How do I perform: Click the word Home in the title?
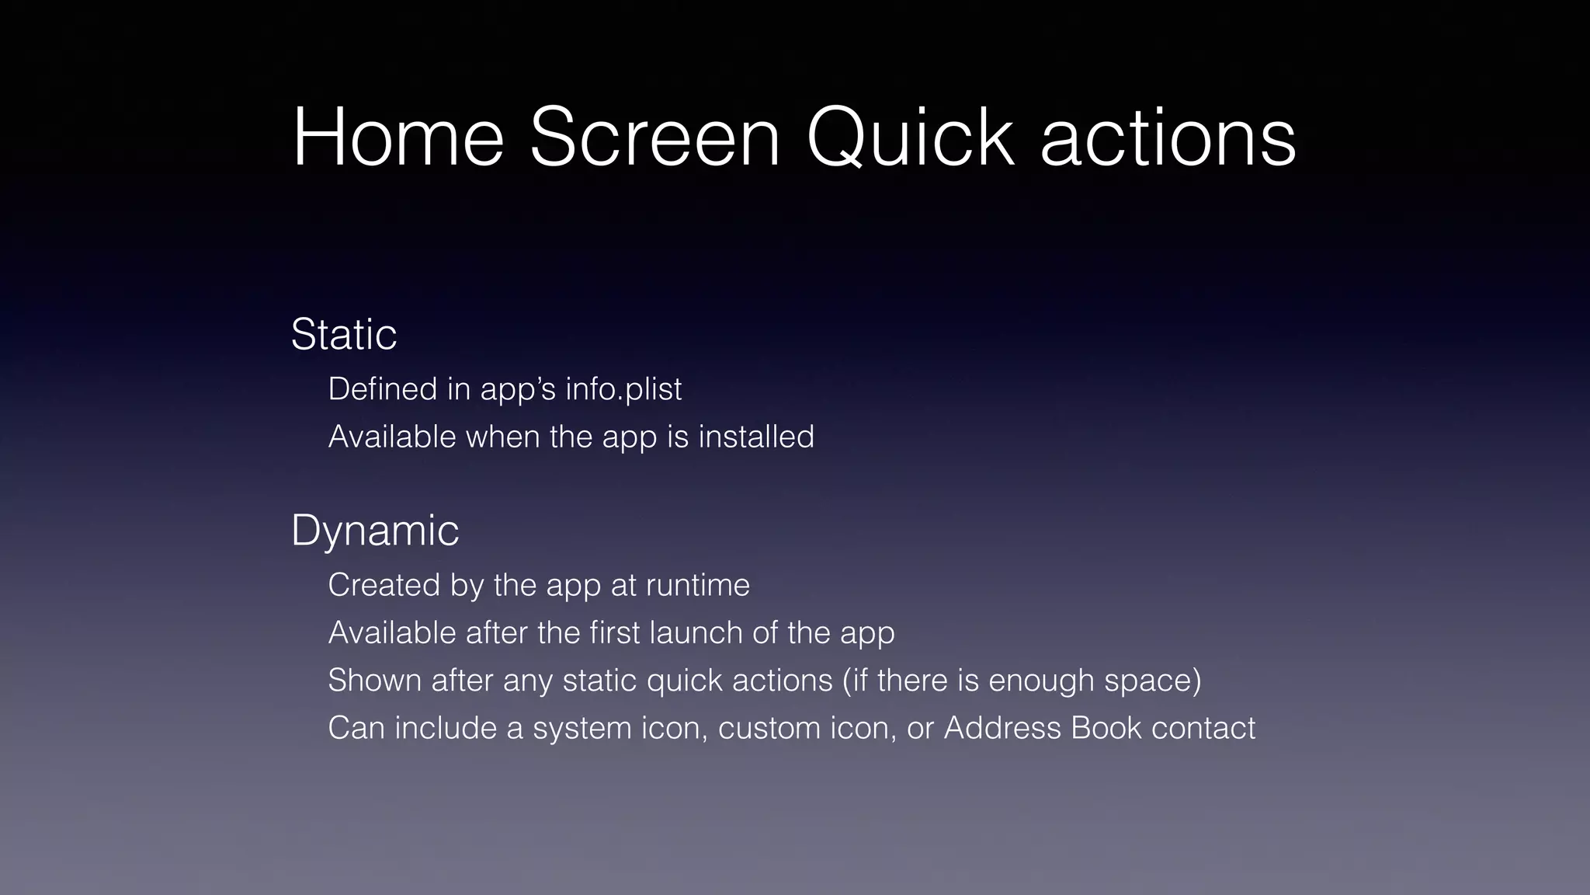pos(398,138)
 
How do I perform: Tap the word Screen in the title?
pos(654,138)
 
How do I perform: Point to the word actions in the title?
pos(1168,138)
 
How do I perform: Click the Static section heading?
pos(344,335)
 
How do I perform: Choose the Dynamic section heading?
pos(375,531)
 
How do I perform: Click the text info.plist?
pos(623,389)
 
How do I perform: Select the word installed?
pos(756,437)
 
